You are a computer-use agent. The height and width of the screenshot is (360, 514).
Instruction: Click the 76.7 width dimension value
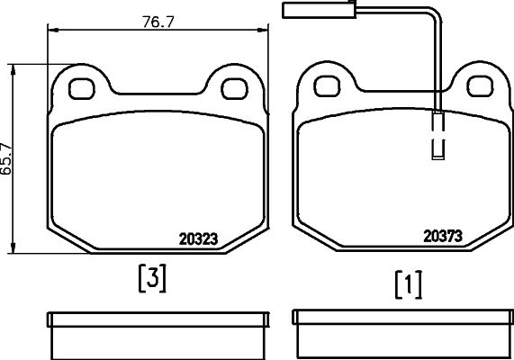158,22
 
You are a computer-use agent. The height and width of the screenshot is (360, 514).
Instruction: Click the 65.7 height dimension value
6,159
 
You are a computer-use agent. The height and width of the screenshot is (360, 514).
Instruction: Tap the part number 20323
198,239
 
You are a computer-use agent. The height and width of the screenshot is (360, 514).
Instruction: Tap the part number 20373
443,236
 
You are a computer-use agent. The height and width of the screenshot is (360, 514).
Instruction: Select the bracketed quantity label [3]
152,278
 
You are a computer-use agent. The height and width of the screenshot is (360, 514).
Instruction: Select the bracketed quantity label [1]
409,284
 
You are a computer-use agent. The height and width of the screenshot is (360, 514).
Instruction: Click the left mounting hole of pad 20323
82,89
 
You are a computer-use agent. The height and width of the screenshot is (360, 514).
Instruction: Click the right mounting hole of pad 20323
234,89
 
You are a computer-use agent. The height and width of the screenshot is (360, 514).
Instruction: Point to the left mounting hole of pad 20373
327,86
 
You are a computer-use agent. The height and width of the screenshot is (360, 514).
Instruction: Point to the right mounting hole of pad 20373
480,86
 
